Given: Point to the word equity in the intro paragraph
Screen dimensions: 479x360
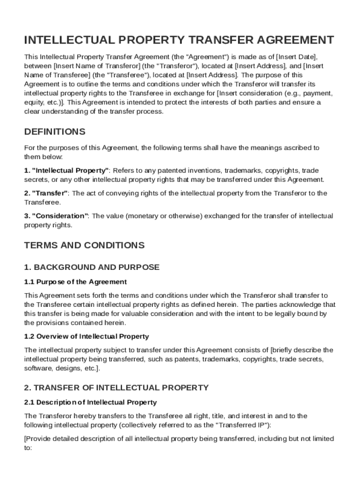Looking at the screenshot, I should (34, 102).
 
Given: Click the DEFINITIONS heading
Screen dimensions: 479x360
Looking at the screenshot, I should (55, 131).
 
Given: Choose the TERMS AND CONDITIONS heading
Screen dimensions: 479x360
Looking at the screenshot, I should (84, 246).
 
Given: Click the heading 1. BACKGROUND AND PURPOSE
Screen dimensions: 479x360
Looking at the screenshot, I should (92, 268).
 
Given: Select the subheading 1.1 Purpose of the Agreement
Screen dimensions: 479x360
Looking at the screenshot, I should (75, 282).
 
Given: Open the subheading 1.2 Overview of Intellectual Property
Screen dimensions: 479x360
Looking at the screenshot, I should (86, 336).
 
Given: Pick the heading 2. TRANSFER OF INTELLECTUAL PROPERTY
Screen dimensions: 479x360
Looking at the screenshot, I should (116, 388).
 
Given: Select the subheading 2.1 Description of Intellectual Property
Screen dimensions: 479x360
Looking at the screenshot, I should (90, 402).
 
